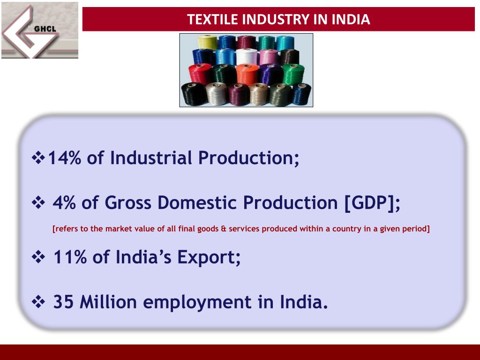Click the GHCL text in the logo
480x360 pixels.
45,29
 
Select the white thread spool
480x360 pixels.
245,57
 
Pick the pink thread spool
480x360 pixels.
268,57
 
